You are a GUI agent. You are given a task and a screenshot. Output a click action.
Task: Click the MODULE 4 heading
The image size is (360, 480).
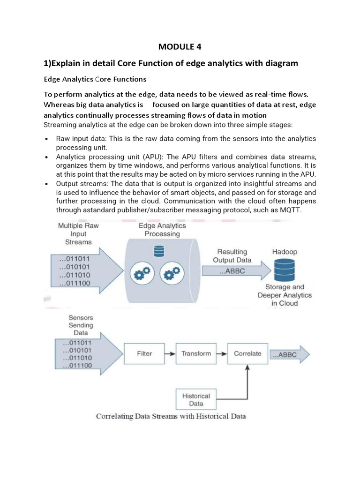tap(180, 46)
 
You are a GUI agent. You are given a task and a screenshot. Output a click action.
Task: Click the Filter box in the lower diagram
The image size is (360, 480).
tap(144, 353)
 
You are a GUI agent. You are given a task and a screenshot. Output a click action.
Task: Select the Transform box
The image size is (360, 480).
tap(196, 353)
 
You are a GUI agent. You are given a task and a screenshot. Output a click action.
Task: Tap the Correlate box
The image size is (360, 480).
tap(247, 353)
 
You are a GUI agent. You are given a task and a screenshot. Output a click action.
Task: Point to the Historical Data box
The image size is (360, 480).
tap(196, 399)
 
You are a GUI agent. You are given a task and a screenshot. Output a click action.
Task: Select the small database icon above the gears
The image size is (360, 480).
tap(159, 251)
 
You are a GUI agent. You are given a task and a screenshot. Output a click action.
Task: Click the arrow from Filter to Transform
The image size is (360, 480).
tap(170, 353)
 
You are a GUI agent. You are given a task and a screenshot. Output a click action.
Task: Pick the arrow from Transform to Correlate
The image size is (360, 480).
tap(222, 353)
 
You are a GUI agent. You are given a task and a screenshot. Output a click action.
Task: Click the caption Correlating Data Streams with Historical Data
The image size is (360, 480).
tap(171, 416)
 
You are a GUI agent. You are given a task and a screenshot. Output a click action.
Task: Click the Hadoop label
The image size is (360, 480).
tap(284, 252)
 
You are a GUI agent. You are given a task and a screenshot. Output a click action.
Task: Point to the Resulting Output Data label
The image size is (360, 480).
tap(232, 256)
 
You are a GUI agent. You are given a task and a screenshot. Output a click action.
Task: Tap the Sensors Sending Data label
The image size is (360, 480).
tap(81, 325)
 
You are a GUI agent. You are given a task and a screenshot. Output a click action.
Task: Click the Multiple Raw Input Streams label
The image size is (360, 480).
tap(78, 233)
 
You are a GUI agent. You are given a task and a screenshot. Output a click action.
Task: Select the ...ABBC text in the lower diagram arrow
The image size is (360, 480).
tap(285, 354)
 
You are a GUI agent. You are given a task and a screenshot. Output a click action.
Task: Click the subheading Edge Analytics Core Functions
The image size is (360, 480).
tap(95, 79)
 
